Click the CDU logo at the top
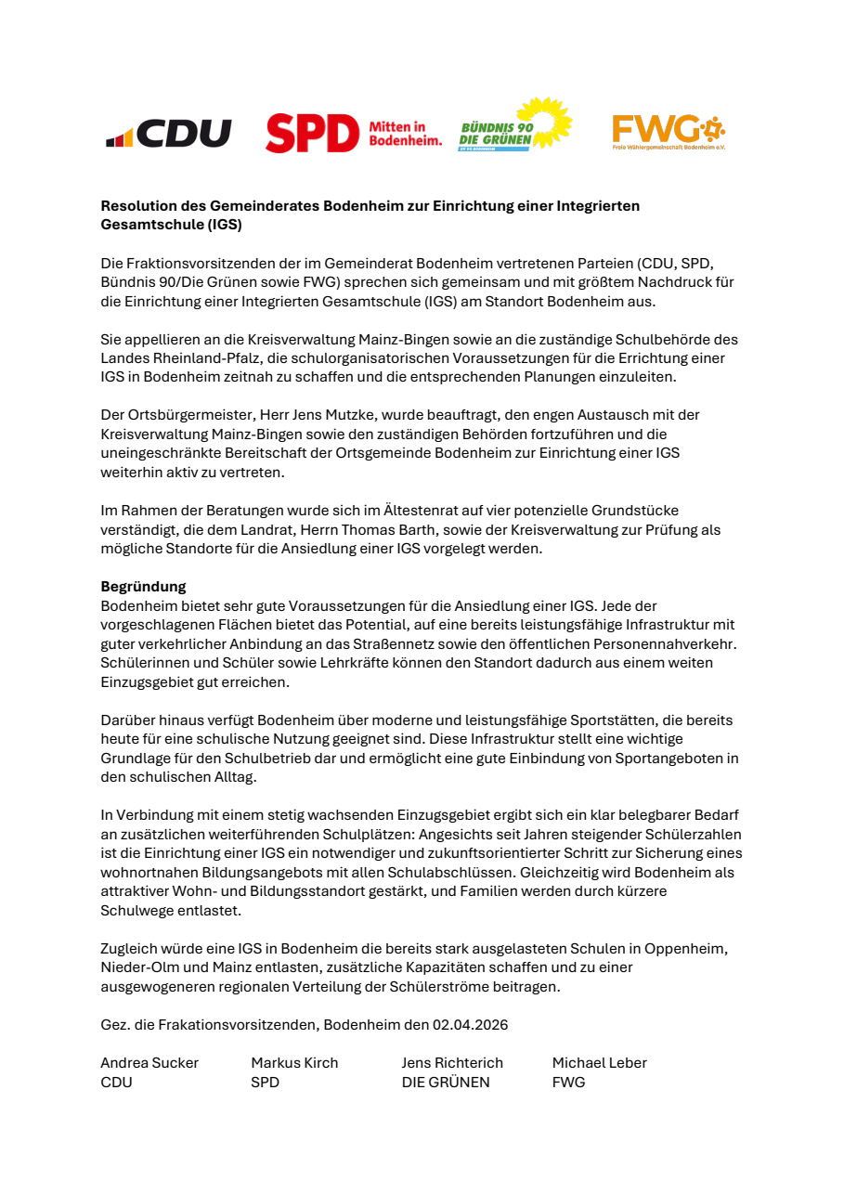pos(168,134)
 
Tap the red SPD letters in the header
pos(312,134)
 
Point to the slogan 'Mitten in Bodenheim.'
pos(405,134)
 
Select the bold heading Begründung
pos(143,587)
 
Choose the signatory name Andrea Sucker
pos(149,1063)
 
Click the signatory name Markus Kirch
pos(294,1063)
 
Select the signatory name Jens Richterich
pos(452,1063)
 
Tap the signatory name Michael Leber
pos(599,1063)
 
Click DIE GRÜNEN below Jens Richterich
pos(445,1083)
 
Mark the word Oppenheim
pos(687,949)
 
